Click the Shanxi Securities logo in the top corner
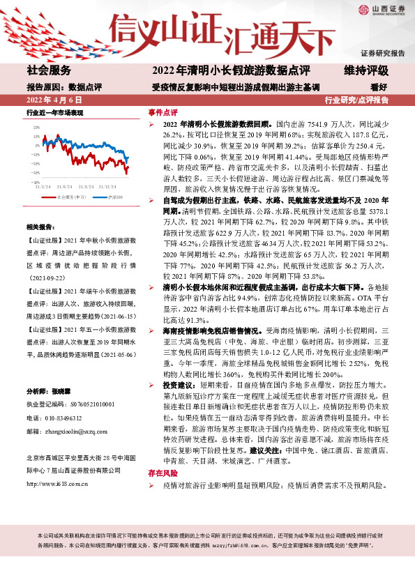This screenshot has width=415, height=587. coord(380,10)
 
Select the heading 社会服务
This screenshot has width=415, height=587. coord(49,70)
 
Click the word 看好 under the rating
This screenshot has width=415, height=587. coord(379,87)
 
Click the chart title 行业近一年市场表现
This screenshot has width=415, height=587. coord(55,112)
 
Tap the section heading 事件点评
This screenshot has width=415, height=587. coord(163,112)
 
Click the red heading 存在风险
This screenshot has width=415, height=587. coord(163,473)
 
